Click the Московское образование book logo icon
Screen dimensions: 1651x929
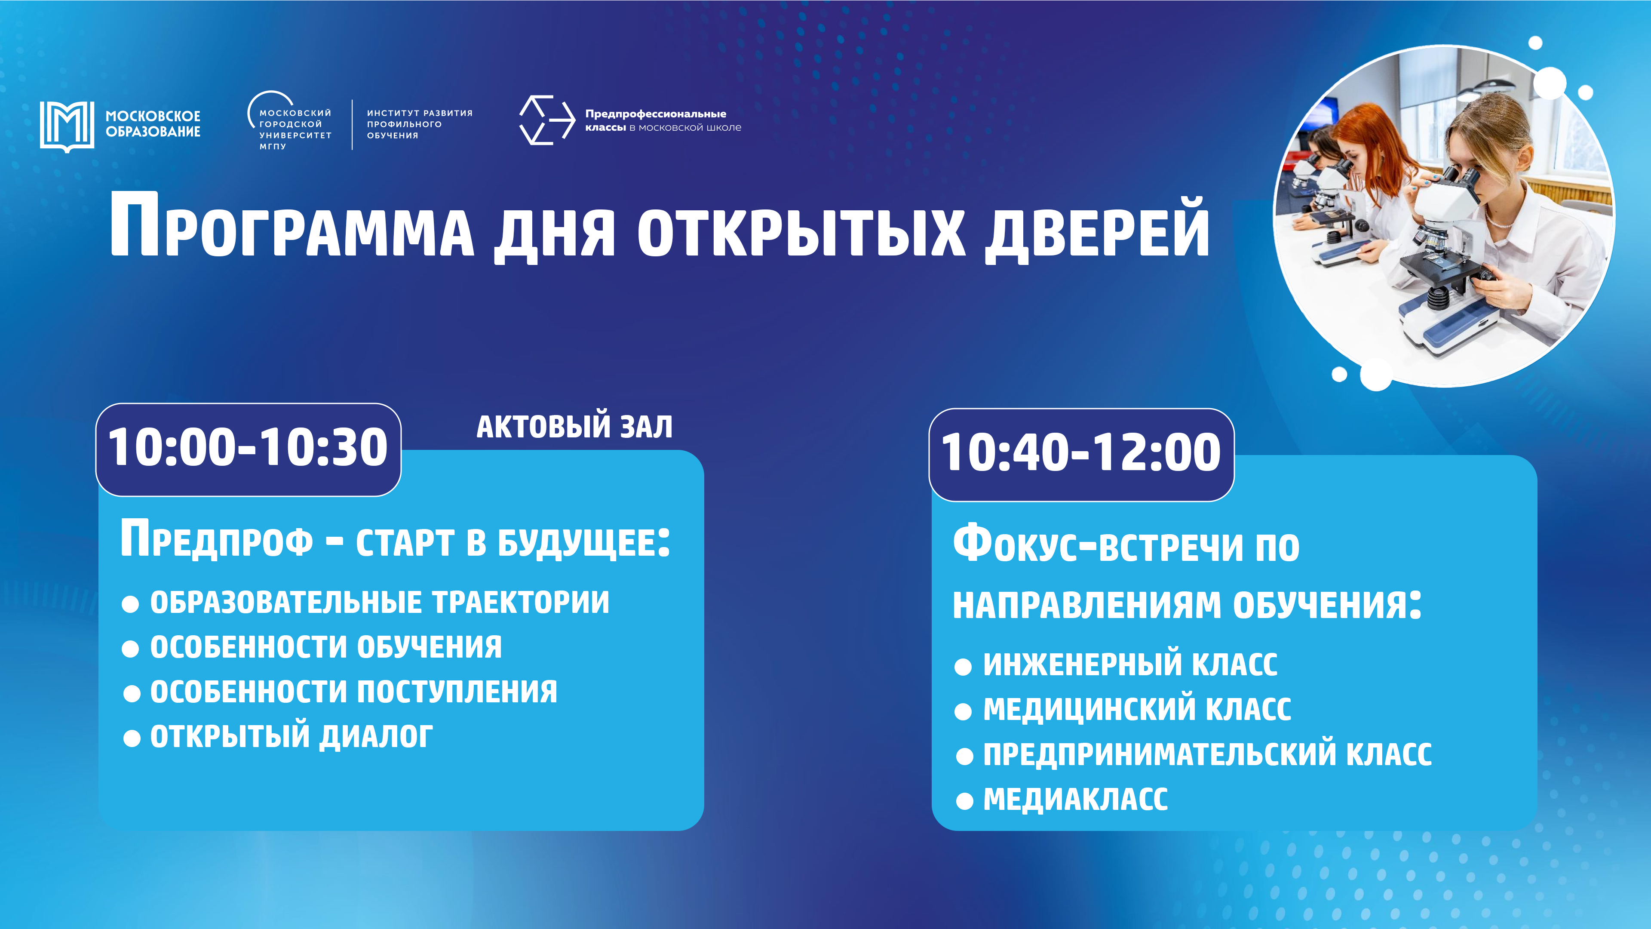pos(67,126)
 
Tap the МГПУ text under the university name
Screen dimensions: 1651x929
pos(273,147)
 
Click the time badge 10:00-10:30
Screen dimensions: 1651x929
pos(248,449)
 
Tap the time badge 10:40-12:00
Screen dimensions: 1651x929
pos(1081,454)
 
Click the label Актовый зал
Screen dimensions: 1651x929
pos(574,426)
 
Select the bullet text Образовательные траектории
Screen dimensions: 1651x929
pos(379,603)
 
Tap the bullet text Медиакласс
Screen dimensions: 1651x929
pos(1075,800)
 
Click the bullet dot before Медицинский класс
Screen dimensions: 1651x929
pos(963,712)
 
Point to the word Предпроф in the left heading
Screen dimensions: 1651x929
pos(217,541)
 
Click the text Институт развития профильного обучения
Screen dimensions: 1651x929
pos(420,124)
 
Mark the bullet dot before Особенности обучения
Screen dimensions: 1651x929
pos(130,649)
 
